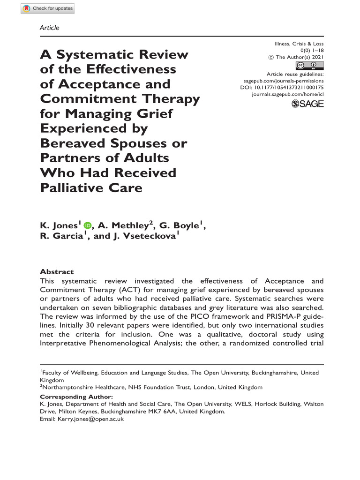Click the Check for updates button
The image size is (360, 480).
[x=47, y=8]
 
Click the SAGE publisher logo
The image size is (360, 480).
[x=307, y=104]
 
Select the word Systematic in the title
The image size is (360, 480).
[x=96, y=55]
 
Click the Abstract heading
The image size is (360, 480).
[x=57, y=272]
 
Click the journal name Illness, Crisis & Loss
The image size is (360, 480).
[x=299, y=44]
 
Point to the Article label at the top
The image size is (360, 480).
[x=50, y=28]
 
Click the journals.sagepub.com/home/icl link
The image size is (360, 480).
[x=287, y=94]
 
